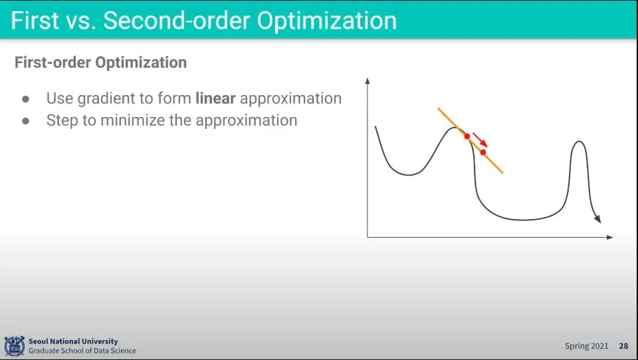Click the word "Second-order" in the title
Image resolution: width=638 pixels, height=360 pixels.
click(177, 21)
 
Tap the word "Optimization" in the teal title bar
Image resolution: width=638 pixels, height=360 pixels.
click(327, 21)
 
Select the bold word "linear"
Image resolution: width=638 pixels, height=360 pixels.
click(215, 98)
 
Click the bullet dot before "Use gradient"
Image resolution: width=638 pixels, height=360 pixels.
click(26, 99)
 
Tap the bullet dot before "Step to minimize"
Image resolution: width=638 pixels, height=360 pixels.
click(26, 121)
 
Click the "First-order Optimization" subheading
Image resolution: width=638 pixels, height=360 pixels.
click(100, 62)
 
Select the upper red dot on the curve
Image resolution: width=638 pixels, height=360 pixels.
click(467, 136)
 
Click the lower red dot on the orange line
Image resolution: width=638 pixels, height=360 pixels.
click(483, 152)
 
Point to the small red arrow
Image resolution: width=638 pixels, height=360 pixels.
click(480, 139)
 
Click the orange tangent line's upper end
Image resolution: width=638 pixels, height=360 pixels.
click(438, 109)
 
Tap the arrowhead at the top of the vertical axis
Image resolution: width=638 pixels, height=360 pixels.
click(368, 80)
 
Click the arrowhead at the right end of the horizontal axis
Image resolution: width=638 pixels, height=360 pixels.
click(609, 237)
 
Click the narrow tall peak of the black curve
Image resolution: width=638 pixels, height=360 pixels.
click(580, 141)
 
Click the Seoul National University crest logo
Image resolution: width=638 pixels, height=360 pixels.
click(14, 346)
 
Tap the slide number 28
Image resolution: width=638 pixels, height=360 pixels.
click(623, 346)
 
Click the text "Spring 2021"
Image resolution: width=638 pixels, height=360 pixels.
click(586, 346)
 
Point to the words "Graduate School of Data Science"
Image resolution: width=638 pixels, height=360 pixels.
click(82, 351)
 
